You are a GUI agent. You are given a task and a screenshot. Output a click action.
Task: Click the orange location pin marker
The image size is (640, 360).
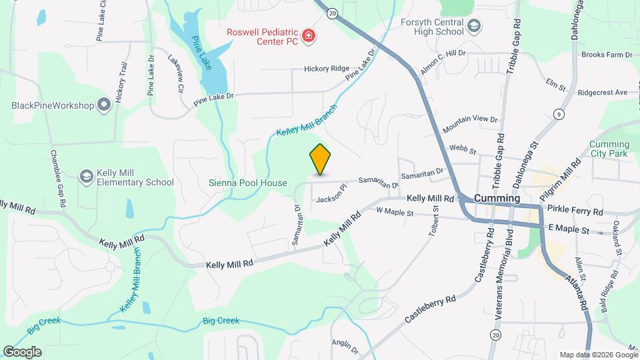320,159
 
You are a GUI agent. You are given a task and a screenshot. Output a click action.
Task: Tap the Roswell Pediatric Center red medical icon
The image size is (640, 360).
309,36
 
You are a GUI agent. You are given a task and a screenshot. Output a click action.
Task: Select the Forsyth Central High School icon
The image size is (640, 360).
474,26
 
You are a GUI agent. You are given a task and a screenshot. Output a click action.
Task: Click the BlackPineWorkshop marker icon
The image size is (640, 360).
103,105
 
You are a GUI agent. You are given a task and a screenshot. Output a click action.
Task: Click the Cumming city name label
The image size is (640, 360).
497,199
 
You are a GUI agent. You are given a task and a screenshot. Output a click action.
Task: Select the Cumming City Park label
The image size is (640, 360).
609,149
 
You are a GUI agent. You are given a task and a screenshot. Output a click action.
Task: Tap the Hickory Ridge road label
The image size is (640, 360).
327,69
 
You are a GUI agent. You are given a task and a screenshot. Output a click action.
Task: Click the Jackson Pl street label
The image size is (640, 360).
332,195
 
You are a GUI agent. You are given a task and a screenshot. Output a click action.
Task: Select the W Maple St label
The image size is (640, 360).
395,213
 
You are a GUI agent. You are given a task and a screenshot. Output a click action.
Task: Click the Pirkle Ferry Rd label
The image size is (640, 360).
575,211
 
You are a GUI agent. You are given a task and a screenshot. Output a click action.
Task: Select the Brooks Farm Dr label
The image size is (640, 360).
606,55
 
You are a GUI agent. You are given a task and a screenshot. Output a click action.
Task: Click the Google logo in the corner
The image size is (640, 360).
22,351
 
